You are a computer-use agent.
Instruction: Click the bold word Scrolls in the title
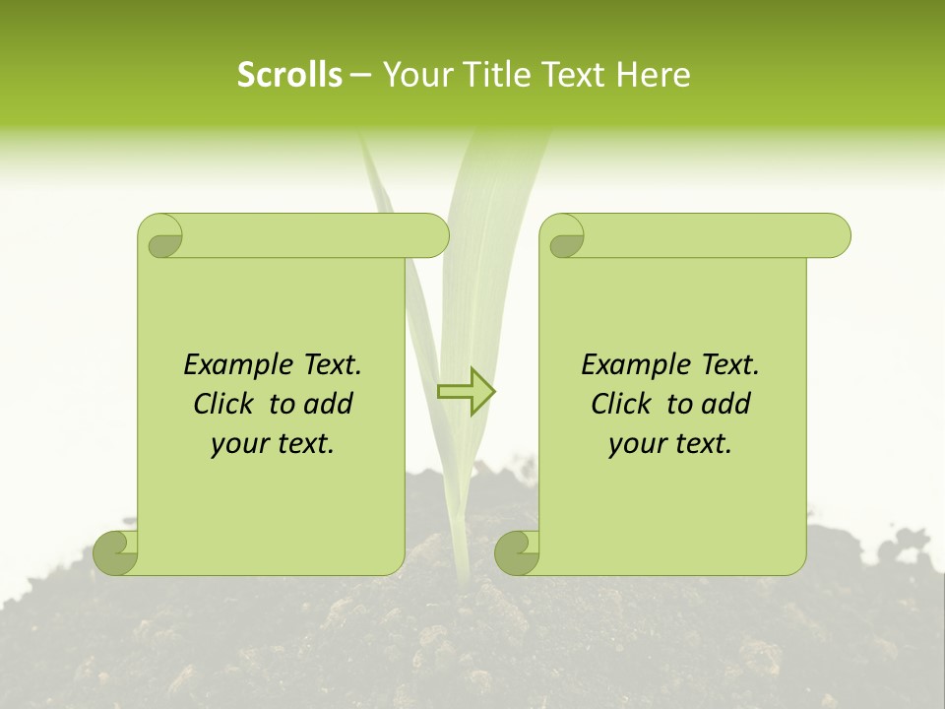(x=290, y=75)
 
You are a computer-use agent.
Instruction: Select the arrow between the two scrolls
(x=467, y=392)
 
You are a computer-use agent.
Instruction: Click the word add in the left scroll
(x=329, y=404)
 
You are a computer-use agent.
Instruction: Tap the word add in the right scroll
(x=726, y=404)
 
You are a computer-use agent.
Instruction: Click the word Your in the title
(x=413, y=75)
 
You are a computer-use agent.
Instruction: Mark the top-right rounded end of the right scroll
(x=832, y=236)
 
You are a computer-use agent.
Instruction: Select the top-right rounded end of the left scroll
(x=431, y=236)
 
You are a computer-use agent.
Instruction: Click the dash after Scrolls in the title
(x=360, y=75)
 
